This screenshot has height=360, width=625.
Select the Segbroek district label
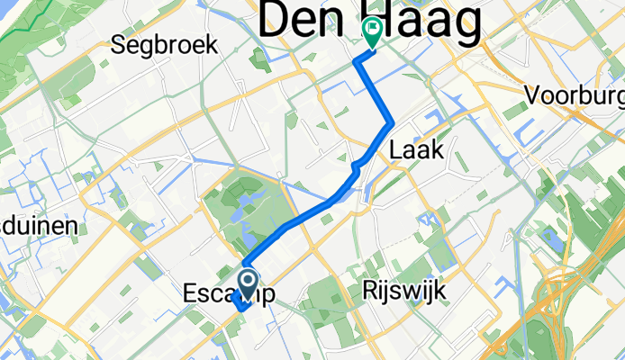[166, 46]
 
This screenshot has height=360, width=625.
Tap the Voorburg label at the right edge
[576, 94]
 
